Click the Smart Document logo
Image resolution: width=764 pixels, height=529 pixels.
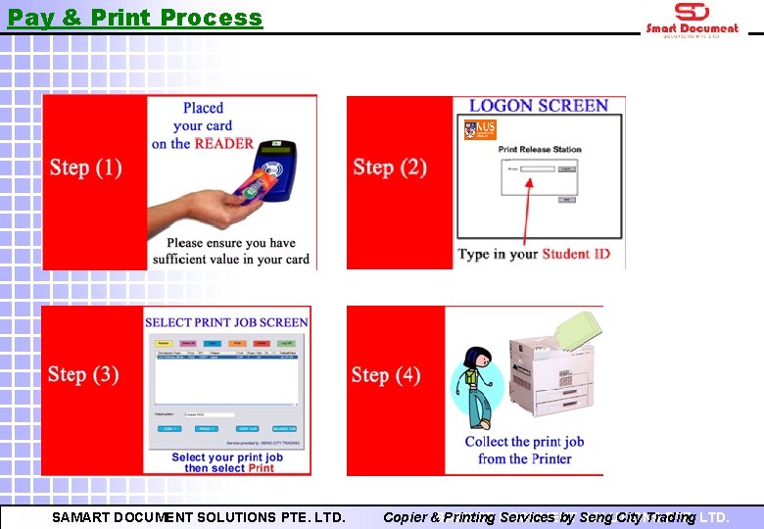click(692, 19)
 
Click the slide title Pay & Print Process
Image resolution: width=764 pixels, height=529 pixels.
click(135, 18)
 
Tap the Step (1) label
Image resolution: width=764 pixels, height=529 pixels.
click(86, 168)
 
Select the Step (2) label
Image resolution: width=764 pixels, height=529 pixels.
click(390, 168)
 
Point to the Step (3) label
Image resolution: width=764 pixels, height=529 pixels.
click(84, 375)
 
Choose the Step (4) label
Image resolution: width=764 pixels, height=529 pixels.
click(386, 375)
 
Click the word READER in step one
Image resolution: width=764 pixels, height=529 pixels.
click(224, 143)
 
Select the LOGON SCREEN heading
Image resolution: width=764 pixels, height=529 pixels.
click(538, 106)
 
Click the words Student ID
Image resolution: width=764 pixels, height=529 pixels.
click(576, 254)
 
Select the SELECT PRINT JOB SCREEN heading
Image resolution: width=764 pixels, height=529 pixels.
click(226, 322)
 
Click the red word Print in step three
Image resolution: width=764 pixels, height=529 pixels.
click(261, 468)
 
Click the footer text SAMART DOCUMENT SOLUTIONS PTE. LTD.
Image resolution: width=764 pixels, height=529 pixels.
click(199, 517)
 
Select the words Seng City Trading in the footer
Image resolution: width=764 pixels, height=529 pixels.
click(637, 517)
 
